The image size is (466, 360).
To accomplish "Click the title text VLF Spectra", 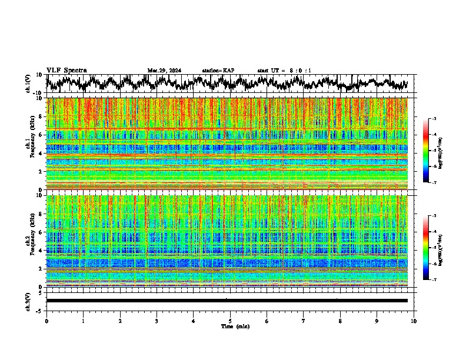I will coord(66,70).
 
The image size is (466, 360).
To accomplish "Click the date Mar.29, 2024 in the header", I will coord(164,71).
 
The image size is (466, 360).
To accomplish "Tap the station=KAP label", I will coord(218,71).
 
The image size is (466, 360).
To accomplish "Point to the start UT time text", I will coord(284,71).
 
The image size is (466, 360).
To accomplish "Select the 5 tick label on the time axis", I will coord(230,321).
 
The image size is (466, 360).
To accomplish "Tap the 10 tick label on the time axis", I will coord(414,321).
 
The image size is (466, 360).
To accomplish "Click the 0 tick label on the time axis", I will coord(46,321).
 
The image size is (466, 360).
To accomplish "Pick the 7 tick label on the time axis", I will coord(304,321).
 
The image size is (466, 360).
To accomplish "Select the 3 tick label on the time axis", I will coord(157,321).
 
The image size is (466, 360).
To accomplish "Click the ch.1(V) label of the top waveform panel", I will coord(29,84).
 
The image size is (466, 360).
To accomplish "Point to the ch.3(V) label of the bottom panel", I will coord(29,301).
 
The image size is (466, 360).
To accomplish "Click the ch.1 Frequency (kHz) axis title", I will coord(29,144).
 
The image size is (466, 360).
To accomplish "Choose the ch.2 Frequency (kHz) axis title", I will coord(29,241).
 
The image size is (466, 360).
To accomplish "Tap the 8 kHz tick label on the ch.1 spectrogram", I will coord(41,117).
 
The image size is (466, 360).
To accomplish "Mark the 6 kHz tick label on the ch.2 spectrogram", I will coord(41,232).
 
